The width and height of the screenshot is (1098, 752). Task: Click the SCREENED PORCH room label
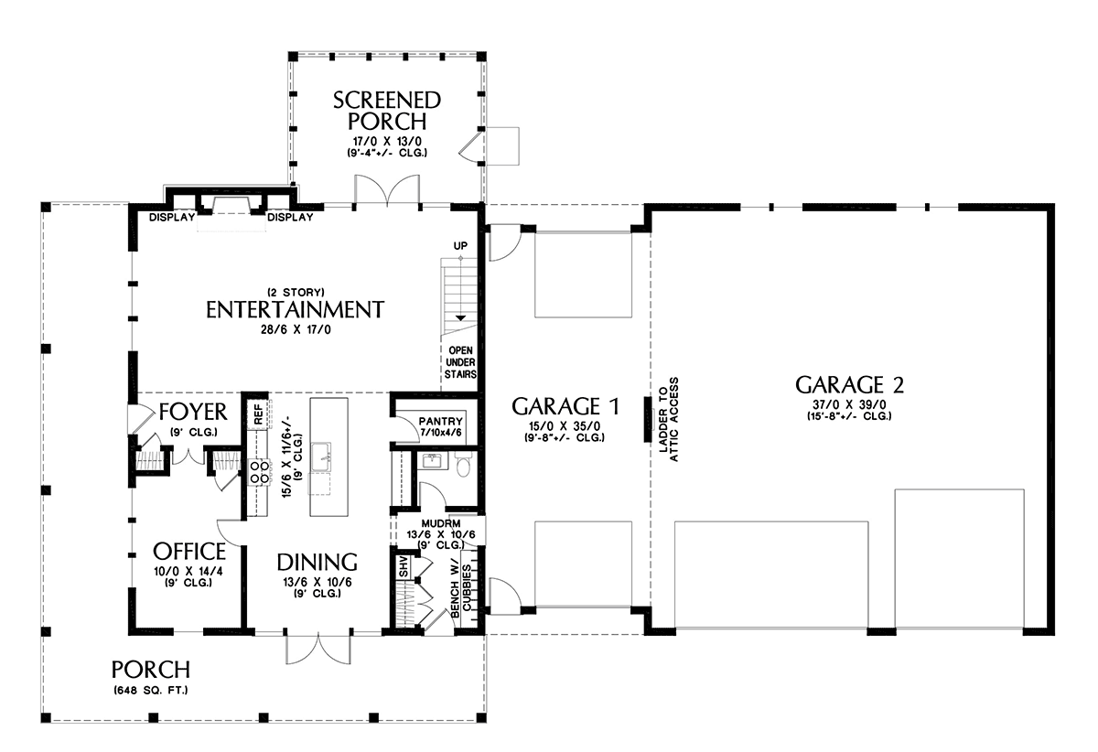[387, 111]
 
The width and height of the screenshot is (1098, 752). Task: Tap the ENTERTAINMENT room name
[295, 310]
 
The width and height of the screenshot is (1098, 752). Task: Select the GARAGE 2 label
[849, 385]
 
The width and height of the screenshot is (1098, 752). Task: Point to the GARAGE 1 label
[565, 406]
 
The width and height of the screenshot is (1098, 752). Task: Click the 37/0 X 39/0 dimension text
[849, 405]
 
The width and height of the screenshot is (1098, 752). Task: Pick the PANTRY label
[441, 422]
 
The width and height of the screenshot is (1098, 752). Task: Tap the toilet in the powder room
[463, 466]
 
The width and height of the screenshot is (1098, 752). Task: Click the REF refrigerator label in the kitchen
[258, 414]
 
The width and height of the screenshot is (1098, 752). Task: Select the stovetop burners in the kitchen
[259, 471]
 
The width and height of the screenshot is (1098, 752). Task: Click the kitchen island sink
[320, 457]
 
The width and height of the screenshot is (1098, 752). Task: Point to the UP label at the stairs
[460, 245]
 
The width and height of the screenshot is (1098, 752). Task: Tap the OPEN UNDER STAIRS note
[460, 362]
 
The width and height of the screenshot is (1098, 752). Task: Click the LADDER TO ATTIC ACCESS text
[669, 420]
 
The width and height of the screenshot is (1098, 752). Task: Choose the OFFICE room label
[189, 552]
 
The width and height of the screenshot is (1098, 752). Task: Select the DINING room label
[318, 563]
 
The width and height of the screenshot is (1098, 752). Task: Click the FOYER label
[193, 413]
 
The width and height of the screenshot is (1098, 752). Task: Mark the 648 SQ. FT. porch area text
[151, 690]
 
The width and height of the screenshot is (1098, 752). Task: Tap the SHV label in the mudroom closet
[404, 566]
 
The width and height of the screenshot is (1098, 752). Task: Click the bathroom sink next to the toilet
[432, 461]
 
